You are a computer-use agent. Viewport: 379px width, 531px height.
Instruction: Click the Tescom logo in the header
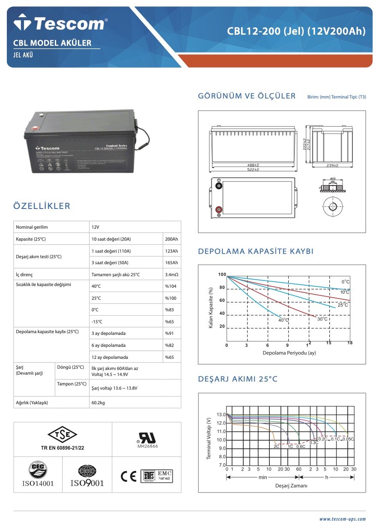tap(59, 23)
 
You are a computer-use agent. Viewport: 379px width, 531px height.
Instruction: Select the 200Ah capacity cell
tap(171, 239)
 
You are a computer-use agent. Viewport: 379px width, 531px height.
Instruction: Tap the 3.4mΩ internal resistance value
tap(171, 274)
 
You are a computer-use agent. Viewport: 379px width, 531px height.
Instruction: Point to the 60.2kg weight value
tap(98, 403)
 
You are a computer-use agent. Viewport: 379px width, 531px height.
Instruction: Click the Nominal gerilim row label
tap(32, 227)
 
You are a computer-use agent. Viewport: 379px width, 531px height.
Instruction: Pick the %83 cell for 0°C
tap(170, 310)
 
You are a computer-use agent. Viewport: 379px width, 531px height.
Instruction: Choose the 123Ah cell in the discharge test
tap(171, 251)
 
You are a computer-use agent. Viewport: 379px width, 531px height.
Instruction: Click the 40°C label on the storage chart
tap(284, 320)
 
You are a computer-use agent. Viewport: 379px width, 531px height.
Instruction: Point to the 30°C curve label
tap(322, 319)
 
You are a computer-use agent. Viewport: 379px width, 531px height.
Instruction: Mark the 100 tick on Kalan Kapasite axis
tap(222, 274)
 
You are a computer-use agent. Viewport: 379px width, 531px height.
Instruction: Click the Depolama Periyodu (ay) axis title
tap(289, 353)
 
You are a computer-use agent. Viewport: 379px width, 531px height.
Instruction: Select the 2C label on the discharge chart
tap(277, 446)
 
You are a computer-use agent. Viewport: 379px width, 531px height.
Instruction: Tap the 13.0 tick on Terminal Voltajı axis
tap(221, 415)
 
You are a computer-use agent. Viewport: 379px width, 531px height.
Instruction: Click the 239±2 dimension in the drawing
tap(332, 165)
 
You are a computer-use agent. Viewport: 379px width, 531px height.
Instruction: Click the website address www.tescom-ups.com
tap(343, 519)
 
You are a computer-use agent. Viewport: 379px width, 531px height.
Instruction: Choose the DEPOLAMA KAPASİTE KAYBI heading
tap(256, 251)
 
